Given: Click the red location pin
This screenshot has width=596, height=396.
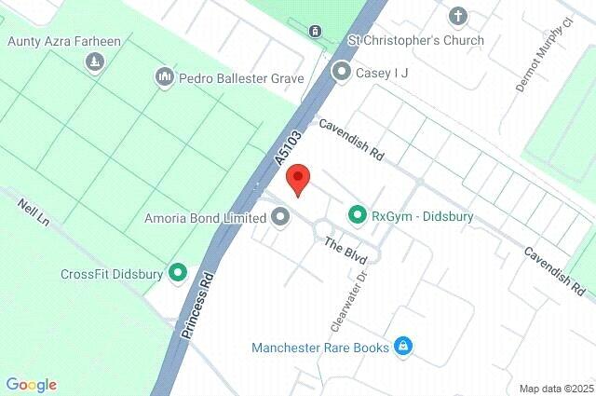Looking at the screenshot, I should [297, 178].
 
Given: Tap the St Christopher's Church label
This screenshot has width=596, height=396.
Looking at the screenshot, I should [415, 40].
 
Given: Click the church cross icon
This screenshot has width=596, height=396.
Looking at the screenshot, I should [457, 16].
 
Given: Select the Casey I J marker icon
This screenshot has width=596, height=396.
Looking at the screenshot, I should [342, 71].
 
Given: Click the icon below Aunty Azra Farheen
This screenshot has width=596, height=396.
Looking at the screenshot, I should [94, 61].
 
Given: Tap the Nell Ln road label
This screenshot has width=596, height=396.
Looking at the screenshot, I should [32, 213].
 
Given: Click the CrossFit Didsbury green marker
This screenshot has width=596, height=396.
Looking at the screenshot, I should [178, 274].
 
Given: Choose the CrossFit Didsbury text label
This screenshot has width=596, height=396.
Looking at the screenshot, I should [111, 274].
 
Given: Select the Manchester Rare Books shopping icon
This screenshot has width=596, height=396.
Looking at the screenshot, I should [402, 347].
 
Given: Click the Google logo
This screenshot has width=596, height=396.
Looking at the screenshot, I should [31, 385].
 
